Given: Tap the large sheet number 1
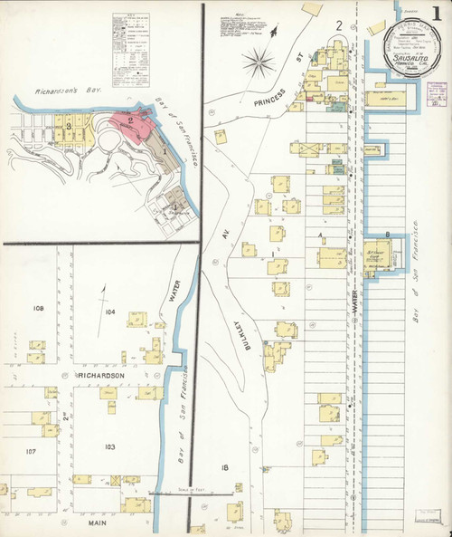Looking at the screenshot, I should [436, 18].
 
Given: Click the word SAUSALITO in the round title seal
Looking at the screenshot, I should [410, 56].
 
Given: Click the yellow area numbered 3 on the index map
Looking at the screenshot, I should [69, 124].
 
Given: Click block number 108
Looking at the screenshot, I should [38, 309].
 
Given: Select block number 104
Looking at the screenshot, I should [110, 312].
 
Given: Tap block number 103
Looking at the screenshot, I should [110, 447].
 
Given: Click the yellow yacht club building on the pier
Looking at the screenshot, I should [379, 256].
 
